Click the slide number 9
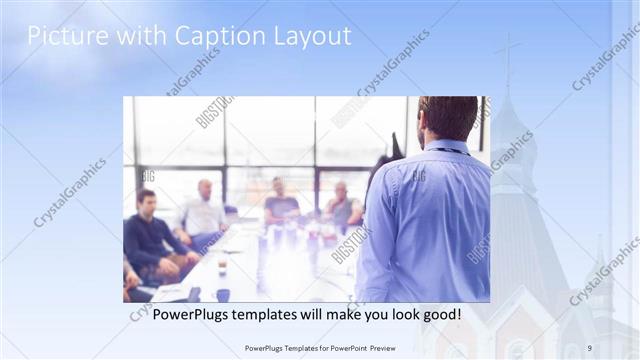[590, 348]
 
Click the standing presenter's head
[447, 117]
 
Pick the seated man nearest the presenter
[342, 208]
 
